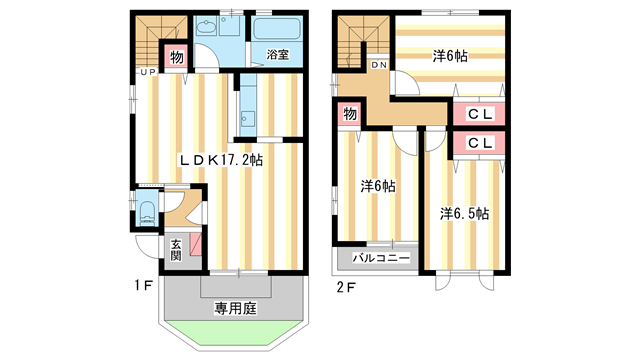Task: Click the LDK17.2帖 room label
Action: coord(221,158)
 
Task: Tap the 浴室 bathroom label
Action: coord(277,55)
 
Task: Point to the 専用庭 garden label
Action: coord(235,309)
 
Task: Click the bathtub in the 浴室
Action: coord(277,30)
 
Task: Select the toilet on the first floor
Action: coord(147,213)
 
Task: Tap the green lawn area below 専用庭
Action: coord(235,333)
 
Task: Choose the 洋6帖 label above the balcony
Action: coord(377,186)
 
